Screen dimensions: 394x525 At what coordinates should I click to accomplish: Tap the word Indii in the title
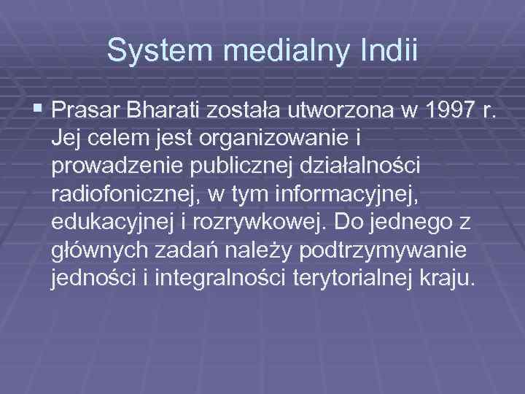[390, 50]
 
